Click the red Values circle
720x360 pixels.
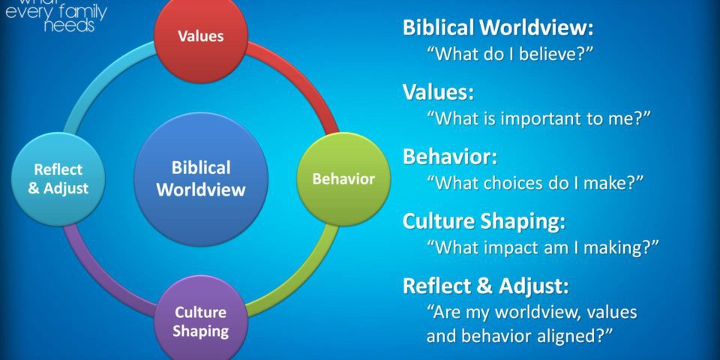click(x=201, y=36)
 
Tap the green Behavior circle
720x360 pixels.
click(x=343, y=179)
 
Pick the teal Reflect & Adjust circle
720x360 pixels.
click(x=58, y=179)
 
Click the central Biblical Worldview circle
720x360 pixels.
click(x=201, y=179)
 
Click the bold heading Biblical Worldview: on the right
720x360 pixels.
click(x=498, y=28)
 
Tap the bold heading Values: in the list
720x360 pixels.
click(x=438, y=92)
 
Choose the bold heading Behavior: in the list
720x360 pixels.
click(x=450, y=157)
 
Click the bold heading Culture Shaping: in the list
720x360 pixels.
click(x=484, y=222)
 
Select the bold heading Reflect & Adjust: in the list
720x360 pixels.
click(x=485, y=286)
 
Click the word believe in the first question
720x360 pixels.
click(x=547, y=54)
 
